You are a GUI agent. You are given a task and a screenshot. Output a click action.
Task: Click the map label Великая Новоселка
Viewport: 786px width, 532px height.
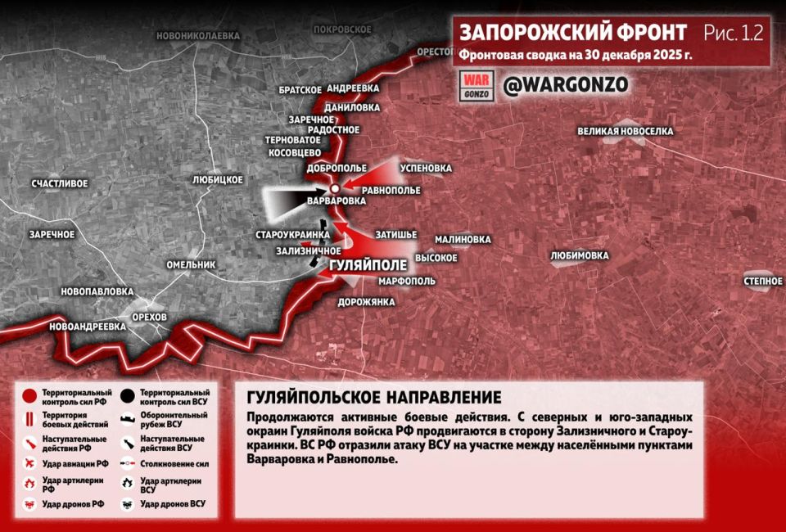[625, 131]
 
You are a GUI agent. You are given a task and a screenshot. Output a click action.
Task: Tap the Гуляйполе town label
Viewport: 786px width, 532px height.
[367, 266]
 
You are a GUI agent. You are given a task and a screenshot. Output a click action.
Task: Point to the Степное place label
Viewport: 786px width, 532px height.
[762, 282]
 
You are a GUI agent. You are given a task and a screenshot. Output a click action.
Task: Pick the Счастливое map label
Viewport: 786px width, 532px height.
[59, 183]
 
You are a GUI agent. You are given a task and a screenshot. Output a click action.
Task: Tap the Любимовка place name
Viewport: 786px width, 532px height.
[580, 255]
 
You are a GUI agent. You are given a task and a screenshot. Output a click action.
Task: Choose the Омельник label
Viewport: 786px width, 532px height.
[190, 265]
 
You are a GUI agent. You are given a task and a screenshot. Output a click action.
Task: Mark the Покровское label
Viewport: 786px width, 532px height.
[341, 29]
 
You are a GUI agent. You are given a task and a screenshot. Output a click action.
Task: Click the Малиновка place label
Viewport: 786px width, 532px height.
[463, 239]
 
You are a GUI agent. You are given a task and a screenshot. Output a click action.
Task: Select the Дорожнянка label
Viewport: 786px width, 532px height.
[366, 301]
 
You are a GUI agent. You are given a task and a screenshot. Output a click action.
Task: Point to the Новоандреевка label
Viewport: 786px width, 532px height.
[88, 326]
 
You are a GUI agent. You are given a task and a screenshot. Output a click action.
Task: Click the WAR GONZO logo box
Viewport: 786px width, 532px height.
[476, 85]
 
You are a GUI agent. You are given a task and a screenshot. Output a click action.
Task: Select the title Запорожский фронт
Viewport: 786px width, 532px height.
[572, 33]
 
